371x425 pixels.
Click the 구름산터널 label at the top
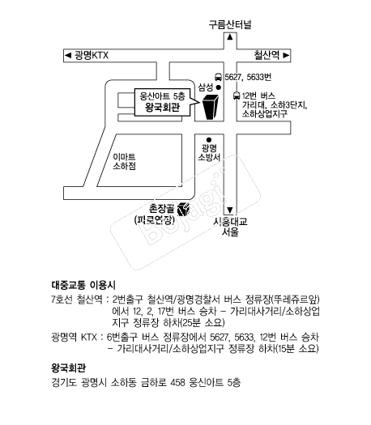tap(230, 24)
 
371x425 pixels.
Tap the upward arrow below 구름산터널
tap(230, 36)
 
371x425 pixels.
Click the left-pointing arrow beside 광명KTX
tap(68, 56)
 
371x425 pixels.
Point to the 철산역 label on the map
tap(267, 55)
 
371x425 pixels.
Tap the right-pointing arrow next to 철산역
tap(286, 55)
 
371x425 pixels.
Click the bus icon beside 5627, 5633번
tap(218, 77)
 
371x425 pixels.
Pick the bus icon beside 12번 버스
tap(237, 96)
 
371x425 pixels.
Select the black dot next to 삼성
tap(218, 87)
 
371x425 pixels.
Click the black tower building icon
tap(210, 107)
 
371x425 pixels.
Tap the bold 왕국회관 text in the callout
tap(162, 108)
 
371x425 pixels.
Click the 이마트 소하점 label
tap(124, 162)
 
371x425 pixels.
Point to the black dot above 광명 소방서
tap(209, 140)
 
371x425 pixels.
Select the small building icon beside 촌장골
tap(184, 209)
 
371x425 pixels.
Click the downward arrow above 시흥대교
tap(230, 210)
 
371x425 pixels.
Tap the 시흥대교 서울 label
tap(230, 227)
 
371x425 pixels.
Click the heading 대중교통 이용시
tap(83, 285)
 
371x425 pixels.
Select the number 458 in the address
tap(178, 382)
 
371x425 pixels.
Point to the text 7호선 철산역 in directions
tap(77, 300)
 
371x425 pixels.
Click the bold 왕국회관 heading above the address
tap(68, 368)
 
